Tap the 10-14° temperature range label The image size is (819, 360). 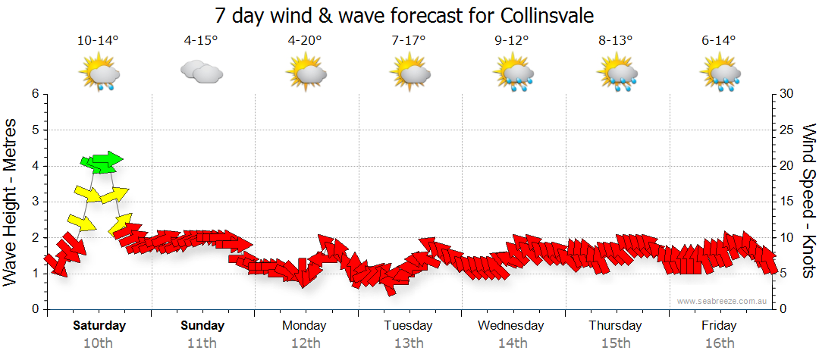98,41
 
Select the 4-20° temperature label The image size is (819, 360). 305,41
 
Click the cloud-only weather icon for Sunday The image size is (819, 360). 201,73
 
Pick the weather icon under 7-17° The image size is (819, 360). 410,74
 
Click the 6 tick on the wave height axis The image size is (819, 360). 34,94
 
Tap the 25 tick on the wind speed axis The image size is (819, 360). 786,130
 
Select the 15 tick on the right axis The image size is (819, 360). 786,202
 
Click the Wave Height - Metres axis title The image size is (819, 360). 11,201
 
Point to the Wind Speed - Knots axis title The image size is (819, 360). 808,201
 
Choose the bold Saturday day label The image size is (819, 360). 99,326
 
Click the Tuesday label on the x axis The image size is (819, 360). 408,326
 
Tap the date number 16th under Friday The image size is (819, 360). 719,343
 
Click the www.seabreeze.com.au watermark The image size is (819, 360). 723,302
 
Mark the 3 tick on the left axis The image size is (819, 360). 34,202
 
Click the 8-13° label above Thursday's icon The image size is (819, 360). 615,41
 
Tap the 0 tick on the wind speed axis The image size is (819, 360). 783,309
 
